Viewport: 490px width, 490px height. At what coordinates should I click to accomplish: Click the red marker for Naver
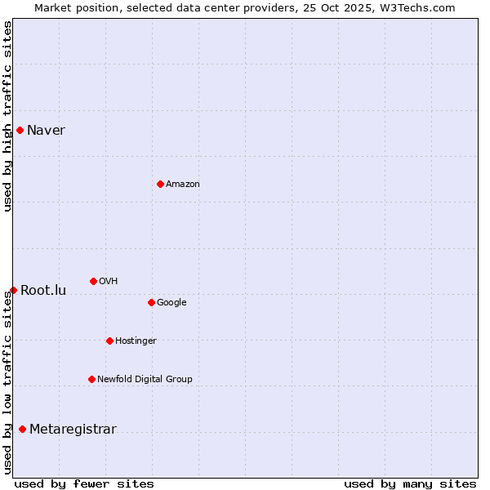[x=20, y=130]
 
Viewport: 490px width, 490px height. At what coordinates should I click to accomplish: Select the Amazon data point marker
[x=160, y=184]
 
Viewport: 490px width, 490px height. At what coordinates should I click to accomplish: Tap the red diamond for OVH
[x=93, y=281]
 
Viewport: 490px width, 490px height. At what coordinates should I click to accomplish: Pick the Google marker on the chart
[x=151, y=302]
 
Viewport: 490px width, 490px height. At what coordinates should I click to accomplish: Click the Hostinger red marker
[x=109, y=341]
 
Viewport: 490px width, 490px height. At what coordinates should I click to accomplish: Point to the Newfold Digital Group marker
[x=91, y=379]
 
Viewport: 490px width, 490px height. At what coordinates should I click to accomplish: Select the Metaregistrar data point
[x=22, y=430]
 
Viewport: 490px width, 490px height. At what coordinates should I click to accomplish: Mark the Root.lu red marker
[x=13, y=290]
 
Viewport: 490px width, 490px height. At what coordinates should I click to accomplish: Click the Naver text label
[x=46, y=131]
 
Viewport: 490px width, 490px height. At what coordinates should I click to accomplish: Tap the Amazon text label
[x=183, y=185]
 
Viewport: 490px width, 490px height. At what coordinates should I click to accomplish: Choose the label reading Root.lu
[x=43, y=291]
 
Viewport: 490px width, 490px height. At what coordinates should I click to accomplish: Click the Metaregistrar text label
[x=73, y=430]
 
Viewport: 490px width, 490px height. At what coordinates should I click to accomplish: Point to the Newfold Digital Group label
[x=145, y=379]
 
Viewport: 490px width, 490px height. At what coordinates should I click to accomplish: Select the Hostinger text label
[x=136, y=341]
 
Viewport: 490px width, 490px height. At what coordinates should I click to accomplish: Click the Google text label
[x=171, y=303]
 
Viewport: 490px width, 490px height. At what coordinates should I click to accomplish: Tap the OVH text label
[x=108, y=282]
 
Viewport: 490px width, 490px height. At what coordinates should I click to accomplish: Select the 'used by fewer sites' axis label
[x=84, y=483]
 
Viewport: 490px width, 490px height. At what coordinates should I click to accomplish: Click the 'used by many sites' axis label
[x=410, y=483]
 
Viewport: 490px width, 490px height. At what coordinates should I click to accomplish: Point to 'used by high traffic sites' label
[x=7, y=116]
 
